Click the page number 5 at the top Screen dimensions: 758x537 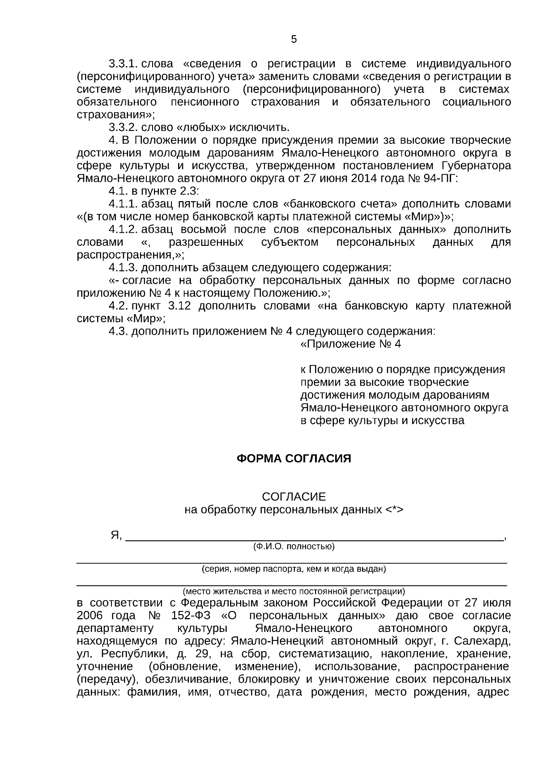point(294,40)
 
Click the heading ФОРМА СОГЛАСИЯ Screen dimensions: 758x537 point(294,459)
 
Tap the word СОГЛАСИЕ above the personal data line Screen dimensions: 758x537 point(294,497)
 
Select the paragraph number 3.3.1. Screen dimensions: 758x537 point(122,63)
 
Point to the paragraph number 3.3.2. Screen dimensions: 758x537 point(122,127)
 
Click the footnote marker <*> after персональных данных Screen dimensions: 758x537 point(394,510)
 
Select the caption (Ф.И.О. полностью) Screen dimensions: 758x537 point(294,547)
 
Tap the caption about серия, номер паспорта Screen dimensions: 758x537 point(294,569)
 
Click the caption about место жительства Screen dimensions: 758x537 point(294,590)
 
